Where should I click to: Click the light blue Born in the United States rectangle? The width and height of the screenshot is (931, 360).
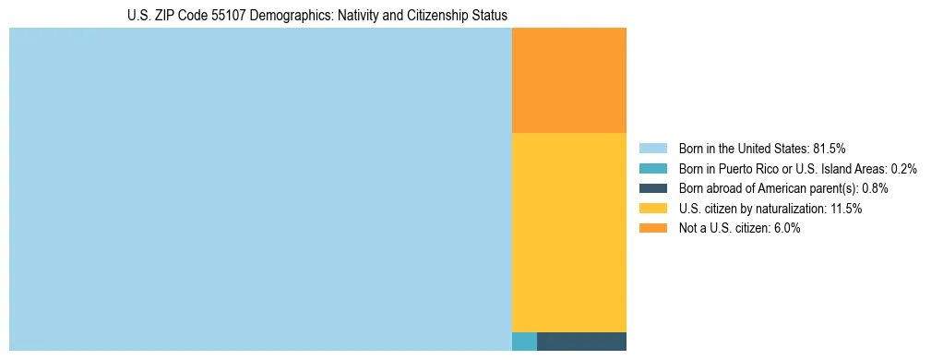point(260,189)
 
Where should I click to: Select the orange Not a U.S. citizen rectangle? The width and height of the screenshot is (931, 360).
point(568,80)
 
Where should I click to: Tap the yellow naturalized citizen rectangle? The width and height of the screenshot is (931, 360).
point(568,232)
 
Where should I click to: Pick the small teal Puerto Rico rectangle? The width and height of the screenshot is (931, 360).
point(524,341)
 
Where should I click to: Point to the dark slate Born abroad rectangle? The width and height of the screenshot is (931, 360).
point(581,341)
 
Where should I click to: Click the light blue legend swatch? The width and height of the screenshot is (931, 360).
point(653,149)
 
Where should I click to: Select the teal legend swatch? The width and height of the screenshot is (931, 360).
point(653,169)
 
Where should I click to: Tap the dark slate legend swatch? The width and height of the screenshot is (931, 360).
point(653,188)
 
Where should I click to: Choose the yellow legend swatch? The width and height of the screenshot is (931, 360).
point(653,209)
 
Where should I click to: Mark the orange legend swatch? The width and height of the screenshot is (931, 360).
point(653,228)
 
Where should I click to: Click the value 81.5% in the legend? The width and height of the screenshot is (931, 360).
point(829,149)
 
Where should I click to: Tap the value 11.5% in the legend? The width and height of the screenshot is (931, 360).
point(844,209)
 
